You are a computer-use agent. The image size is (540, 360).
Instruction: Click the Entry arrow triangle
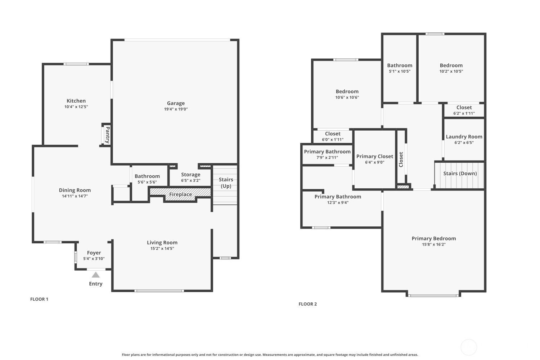pyautogui.click(x=95, y=275)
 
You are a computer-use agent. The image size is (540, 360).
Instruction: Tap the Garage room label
pyautogui.click(x=176, y=103)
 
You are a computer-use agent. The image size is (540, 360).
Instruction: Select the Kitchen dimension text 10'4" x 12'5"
pyautogui.click(x=76, y=107)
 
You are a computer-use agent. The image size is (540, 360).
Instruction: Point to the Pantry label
pyautogui.click(x=107, y=135)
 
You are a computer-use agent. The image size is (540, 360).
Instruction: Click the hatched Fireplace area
pyautogui.click(x=180, y=194)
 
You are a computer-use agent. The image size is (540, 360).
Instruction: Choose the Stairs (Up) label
pyautogui.click(x=226, y=183)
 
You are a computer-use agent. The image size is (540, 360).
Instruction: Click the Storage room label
pyautogui.click(x=190, y=175)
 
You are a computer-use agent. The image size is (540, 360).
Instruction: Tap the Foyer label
pyautogui.click(x=94, y=253)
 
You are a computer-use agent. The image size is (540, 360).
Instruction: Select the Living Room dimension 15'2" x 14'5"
pyautogui.click(x=162, y=248)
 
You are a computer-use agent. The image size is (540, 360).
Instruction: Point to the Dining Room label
pyautogui.click(x=75, y=190)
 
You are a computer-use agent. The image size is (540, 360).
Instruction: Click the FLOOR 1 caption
pyautogui.click(x=39, y=299)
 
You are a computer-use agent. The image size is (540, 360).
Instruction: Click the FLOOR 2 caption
pyautogui.click(x=308, y=304)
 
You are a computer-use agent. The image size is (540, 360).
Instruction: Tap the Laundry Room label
pyautogui.click(x=464, y=137)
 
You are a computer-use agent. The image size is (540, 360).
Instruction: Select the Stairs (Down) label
pyautogui.click(x=460, y=174)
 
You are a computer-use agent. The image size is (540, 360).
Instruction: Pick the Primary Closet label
pyautogui.click(x=375, y=156)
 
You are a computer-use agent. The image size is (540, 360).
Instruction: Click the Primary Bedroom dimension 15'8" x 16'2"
pyautogui.click(x=434, y=244)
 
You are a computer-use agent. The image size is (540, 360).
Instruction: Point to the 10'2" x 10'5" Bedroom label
pyautogui.click(x=451, y=66)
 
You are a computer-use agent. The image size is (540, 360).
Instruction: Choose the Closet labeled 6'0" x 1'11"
pyautogui.click(x=333, y=134)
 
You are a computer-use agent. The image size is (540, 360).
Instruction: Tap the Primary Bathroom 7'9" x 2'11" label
pyautogui.click(x=327, y=152)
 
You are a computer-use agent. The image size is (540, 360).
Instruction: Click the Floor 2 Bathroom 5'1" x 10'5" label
pyautogui.click(x=400, y=66)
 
